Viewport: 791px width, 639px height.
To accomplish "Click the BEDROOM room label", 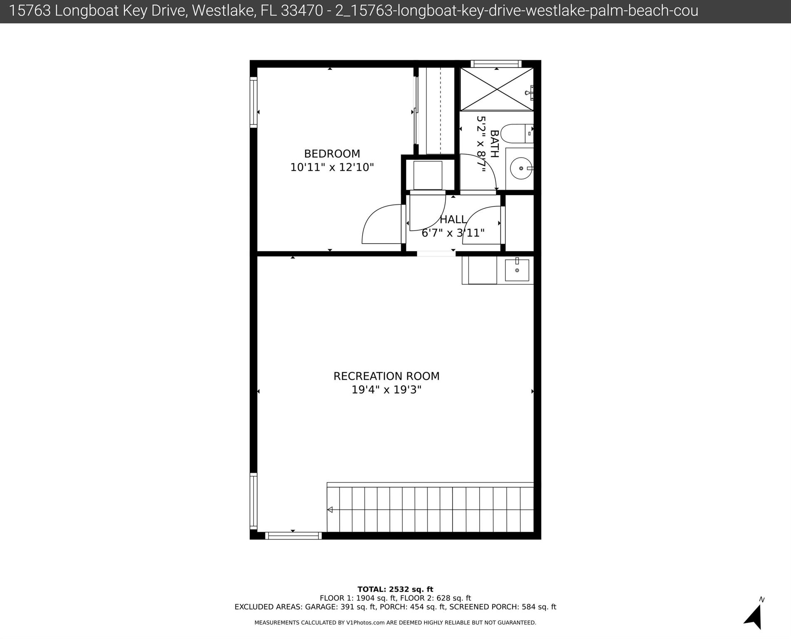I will tap(332, 154).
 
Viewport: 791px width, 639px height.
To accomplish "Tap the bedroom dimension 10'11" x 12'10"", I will tap(332, 167).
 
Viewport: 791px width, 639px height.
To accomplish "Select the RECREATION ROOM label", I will tap(386, 376).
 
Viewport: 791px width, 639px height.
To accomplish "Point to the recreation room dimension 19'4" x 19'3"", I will tap(386, 390).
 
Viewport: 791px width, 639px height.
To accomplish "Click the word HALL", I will tap(453, 219).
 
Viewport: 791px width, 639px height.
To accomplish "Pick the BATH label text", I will tap(494, 144).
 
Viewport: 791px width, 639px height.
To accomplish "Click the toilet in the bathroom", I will tap(515, 134).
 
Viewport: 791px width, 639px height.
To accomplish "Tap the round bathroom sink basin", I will tap(520, 168).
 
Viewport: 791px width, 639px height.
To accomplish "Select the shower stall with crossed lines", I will tap(497, 90).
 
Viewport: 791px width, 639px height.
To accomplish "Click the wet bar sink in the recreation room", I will tap(517, 270).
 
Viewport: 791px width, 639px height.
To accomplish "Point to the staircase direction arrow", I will tap(330, 510).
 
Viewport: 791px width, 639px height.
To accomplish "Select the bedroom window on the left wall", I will tap(253, 102).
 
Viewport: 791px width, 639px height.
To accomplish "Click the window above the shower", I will tap(496, 64).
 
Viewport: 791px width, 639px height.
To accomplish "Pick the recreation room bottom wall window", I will tap(293, 536).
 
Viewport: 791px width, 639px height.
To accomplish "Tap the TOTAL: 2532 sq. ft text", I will tap(395, 589).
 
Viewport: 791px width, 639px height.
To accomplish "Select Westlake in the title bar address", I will tap(224, 11).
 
